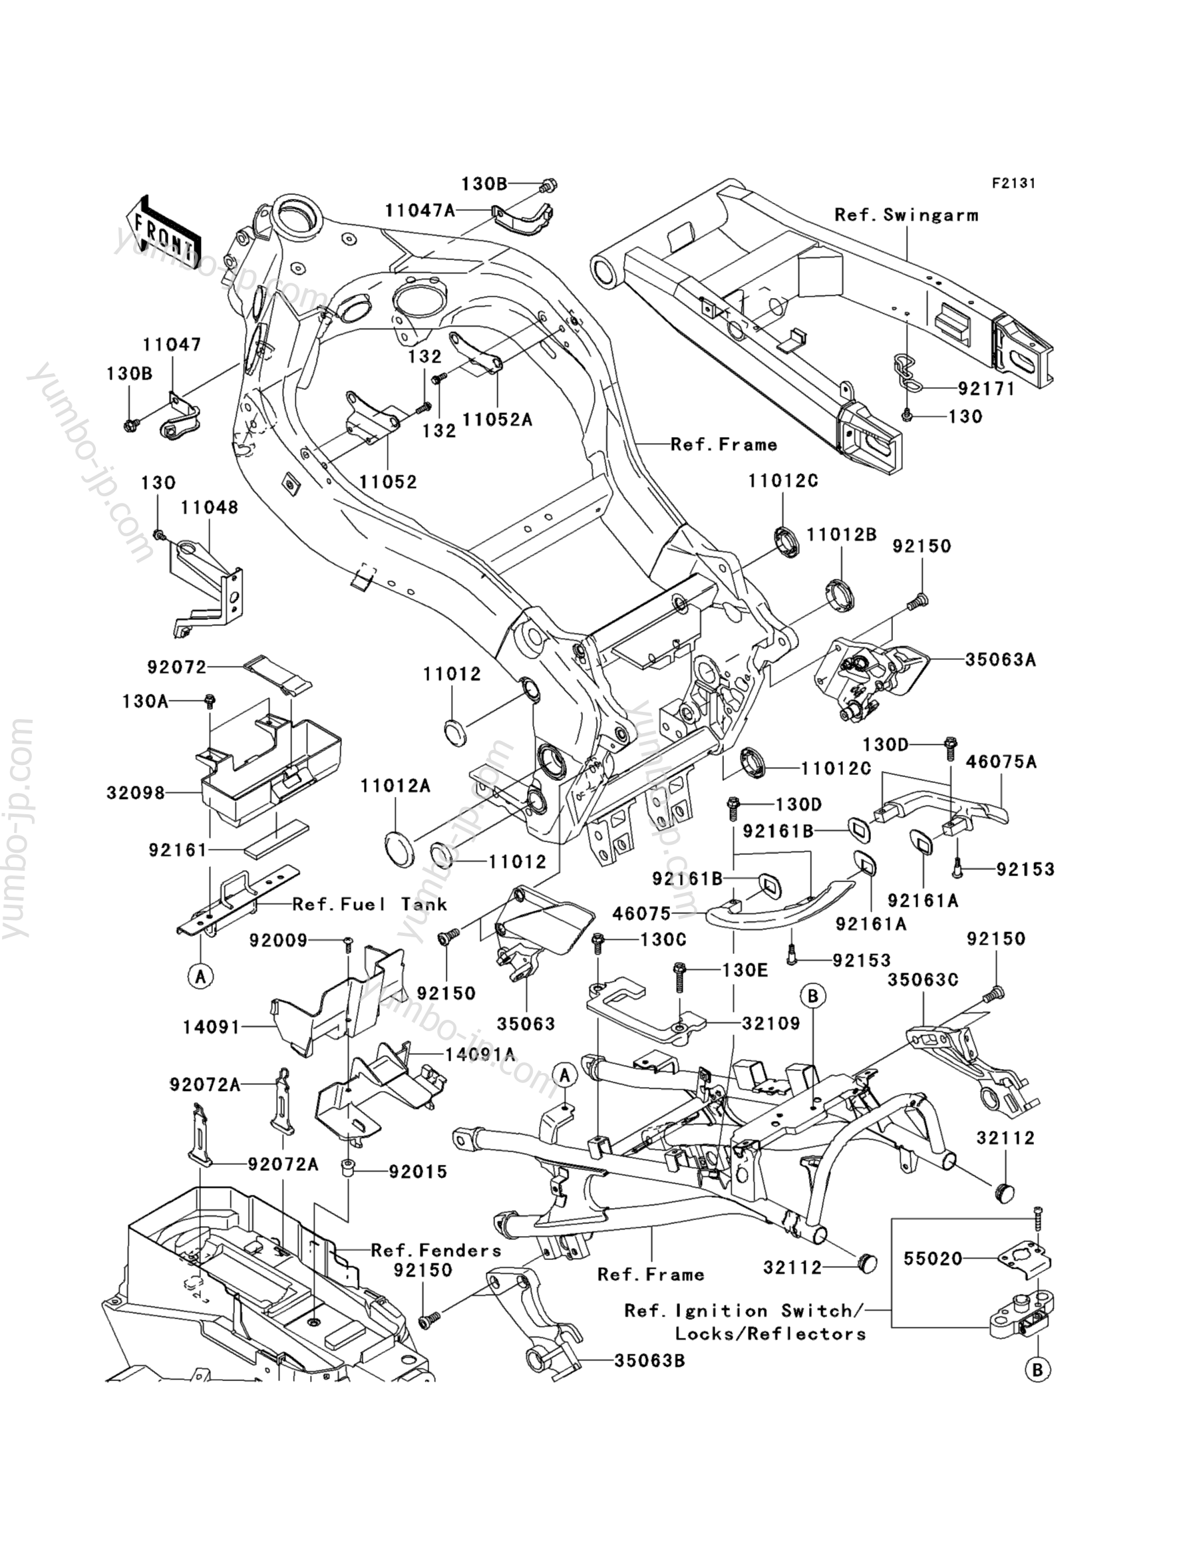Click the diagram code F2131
(x=1013, y=183)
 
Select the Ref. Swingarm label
(x=906, y=215)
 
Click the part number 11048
(x=210, y=508)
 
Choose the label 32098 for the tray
(x=136, y=792)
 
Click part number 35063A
(x=1001, y=660)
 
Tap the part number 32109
(x=771, y=1023)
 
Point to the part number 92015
(x=419, y=1171)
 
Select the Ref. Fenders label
(x=436, y=1251)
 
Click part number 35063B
(x=650, y=1361)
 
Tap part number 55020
(x=933, y=1259)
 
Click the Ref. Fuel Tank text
(x=370, y=904)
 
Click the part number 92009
(x=278, y=941)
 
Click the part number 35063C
(x=922, y=980)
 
